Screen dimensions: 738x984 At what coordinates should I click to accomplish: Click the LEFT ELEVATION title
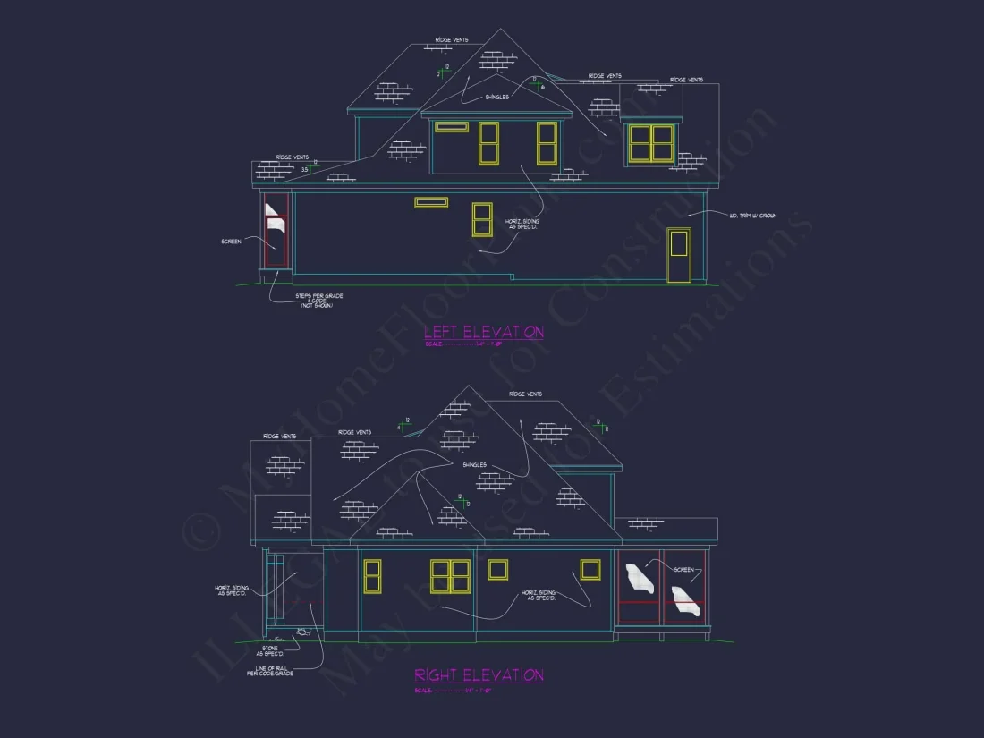pos(483,332)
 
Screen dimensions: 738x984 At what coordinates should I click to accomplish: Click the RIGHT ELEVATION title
pos(479,675)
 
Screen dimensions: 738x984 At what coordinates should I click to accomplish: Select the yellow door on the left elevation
pos(679,255)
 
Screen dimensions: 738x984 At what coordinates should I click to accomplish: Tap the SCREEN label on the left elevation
pos(231,241)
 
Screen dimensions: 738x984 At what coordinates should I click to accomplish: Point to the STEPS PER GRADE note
pos(318,301)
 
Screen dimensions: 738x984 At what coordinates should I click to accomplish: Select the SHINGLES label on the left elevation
pos(496,98)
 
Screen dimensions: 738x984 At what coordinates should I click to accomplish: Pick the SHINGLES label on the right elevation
pos(474,465)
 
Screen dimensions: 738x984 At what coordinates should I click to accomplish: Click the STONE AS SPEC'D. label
pos(269,650)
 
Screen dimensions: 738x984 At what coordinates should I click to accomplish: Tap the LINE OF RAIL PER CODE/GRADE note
pos(270,671)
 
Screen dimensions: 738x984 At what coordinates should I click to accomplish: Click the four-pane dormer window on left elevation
pos(651,143)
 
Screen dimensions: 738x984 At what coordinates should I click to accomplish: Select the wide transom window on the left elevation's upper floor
pos(452,127)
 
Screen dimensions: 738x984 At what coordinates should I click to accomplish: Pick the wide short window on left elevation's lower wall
pos(431,203)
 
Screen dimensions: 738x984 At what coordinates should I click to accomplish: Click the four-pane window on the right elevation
pos(451,576)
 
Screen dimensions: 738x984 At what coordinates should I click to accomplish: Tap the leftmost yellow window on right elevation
pos(372,576)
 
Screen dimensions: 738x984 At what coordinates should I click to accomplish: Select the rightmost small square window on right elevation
pos(590,570)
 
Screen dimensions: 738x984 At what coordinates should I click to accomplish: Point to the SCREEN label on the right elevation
pos(683,569)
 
